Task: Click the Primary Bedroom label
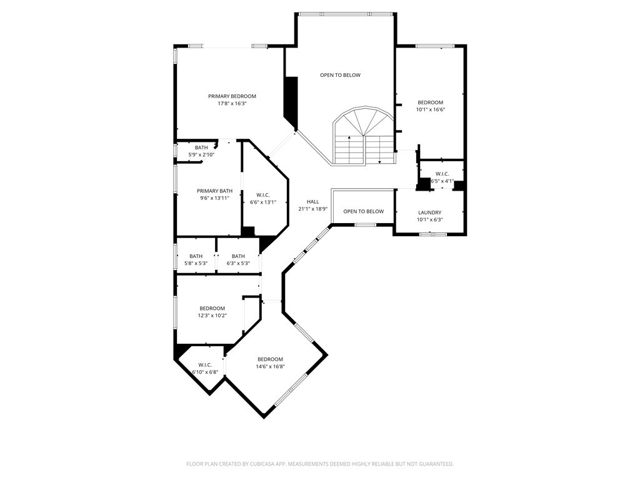pos(232,96)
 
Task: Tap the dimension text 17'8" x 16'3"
pos(232,104)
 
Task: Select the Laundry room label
pos(429,212)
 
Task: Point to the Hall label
pos(313,202)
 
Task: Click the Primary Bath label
pos(214,191)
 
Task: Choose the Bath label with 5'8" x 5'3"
pos(196,256)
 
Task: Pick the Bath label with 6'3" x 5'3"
pos(238,256)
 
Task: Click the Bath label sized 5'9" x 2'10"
pos(201,147)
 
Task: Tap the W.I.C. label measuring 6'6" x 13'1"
pos(263,194)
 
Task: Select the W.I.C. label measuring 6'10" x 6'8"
pos(205,365)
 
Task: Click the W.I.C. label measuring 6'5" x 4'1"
pos(442,174)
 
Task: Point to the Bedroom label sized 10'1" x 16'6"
pos(430,102)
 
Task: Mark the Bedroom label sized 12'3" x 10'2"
pos(212,308)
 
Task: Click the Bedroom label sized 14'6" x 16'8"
pos(270,359)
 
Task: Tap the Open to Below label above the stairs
pos(340,75)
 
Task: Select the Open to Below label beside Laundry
pos(363,211)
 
